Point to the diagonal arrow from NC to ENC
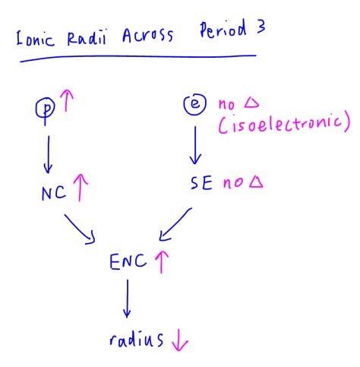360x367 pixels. tap(81, 228)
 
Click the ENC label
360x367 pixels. tap(127, 264)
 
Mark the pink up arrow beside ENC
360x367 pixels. tap(161, 262)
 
